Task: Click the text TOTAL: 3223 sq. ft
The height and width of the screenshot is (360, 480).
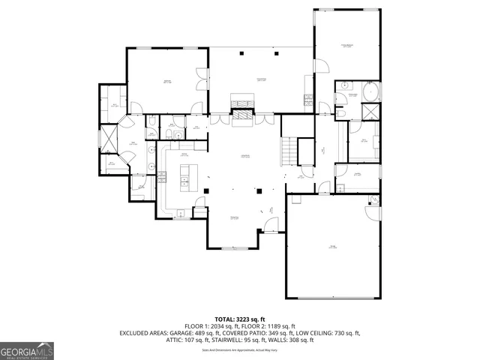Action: (240, 319)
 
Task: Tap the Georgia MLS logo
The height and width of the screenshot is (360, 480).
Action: (27, 350)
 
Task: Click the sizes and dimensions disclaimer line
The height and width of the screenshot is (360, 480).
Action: (240, 349)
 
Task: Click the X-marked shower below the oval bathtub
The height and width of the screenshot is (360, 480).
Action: (370, 112)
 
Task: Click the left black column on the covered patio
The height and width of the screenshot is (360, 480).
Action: (242, 54)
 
